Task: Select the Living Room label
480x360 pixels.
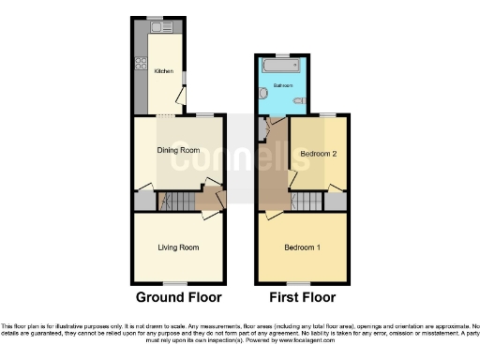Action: tap(178, 247)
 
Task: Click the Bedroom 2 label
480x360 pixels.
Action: tap(318, 152)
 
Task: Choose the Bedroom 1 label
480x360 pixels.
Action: tap(303, 247)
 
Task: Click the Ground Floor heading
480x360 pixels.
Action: tap(179, 298)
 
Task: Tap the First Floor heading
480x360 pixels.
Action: tap(302, 298)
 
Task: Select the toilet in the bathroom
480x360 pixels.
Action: tap(297, 99)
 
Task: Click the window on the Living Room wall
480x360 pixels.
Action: tap(175, 283)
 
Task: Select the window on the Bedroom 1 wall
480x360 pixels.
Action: tap(299, 283)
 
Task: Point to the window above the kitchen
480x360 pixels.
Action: tap(154, 21)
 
